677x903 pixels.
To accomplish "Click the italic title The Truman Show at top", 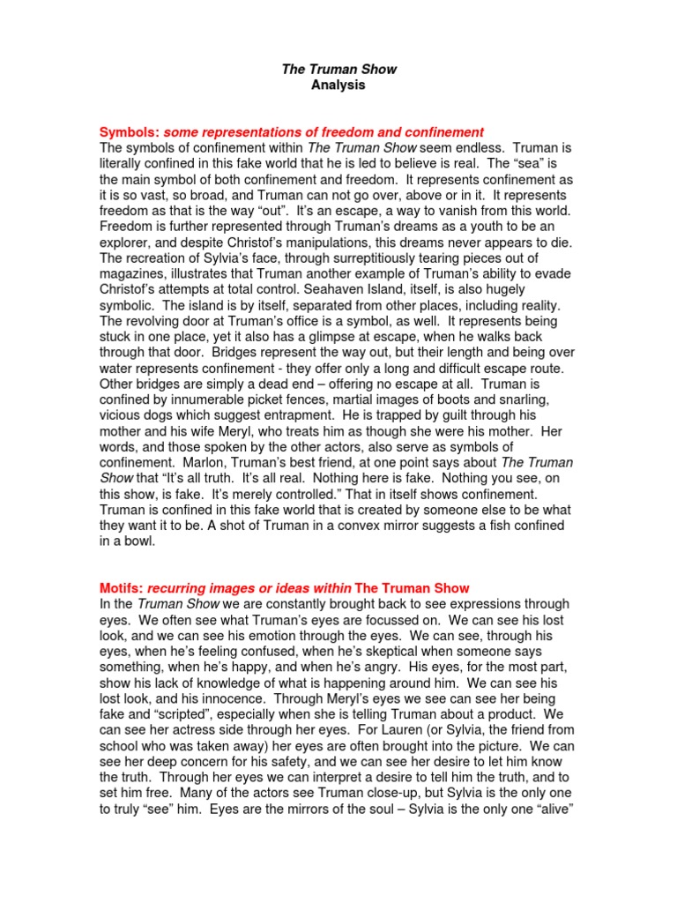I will [x=338, y=69].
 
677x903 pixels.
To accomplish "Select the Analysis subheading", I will [x=338, y=86].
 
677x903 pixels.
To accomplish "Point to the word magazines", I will [x=135, y=273].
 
